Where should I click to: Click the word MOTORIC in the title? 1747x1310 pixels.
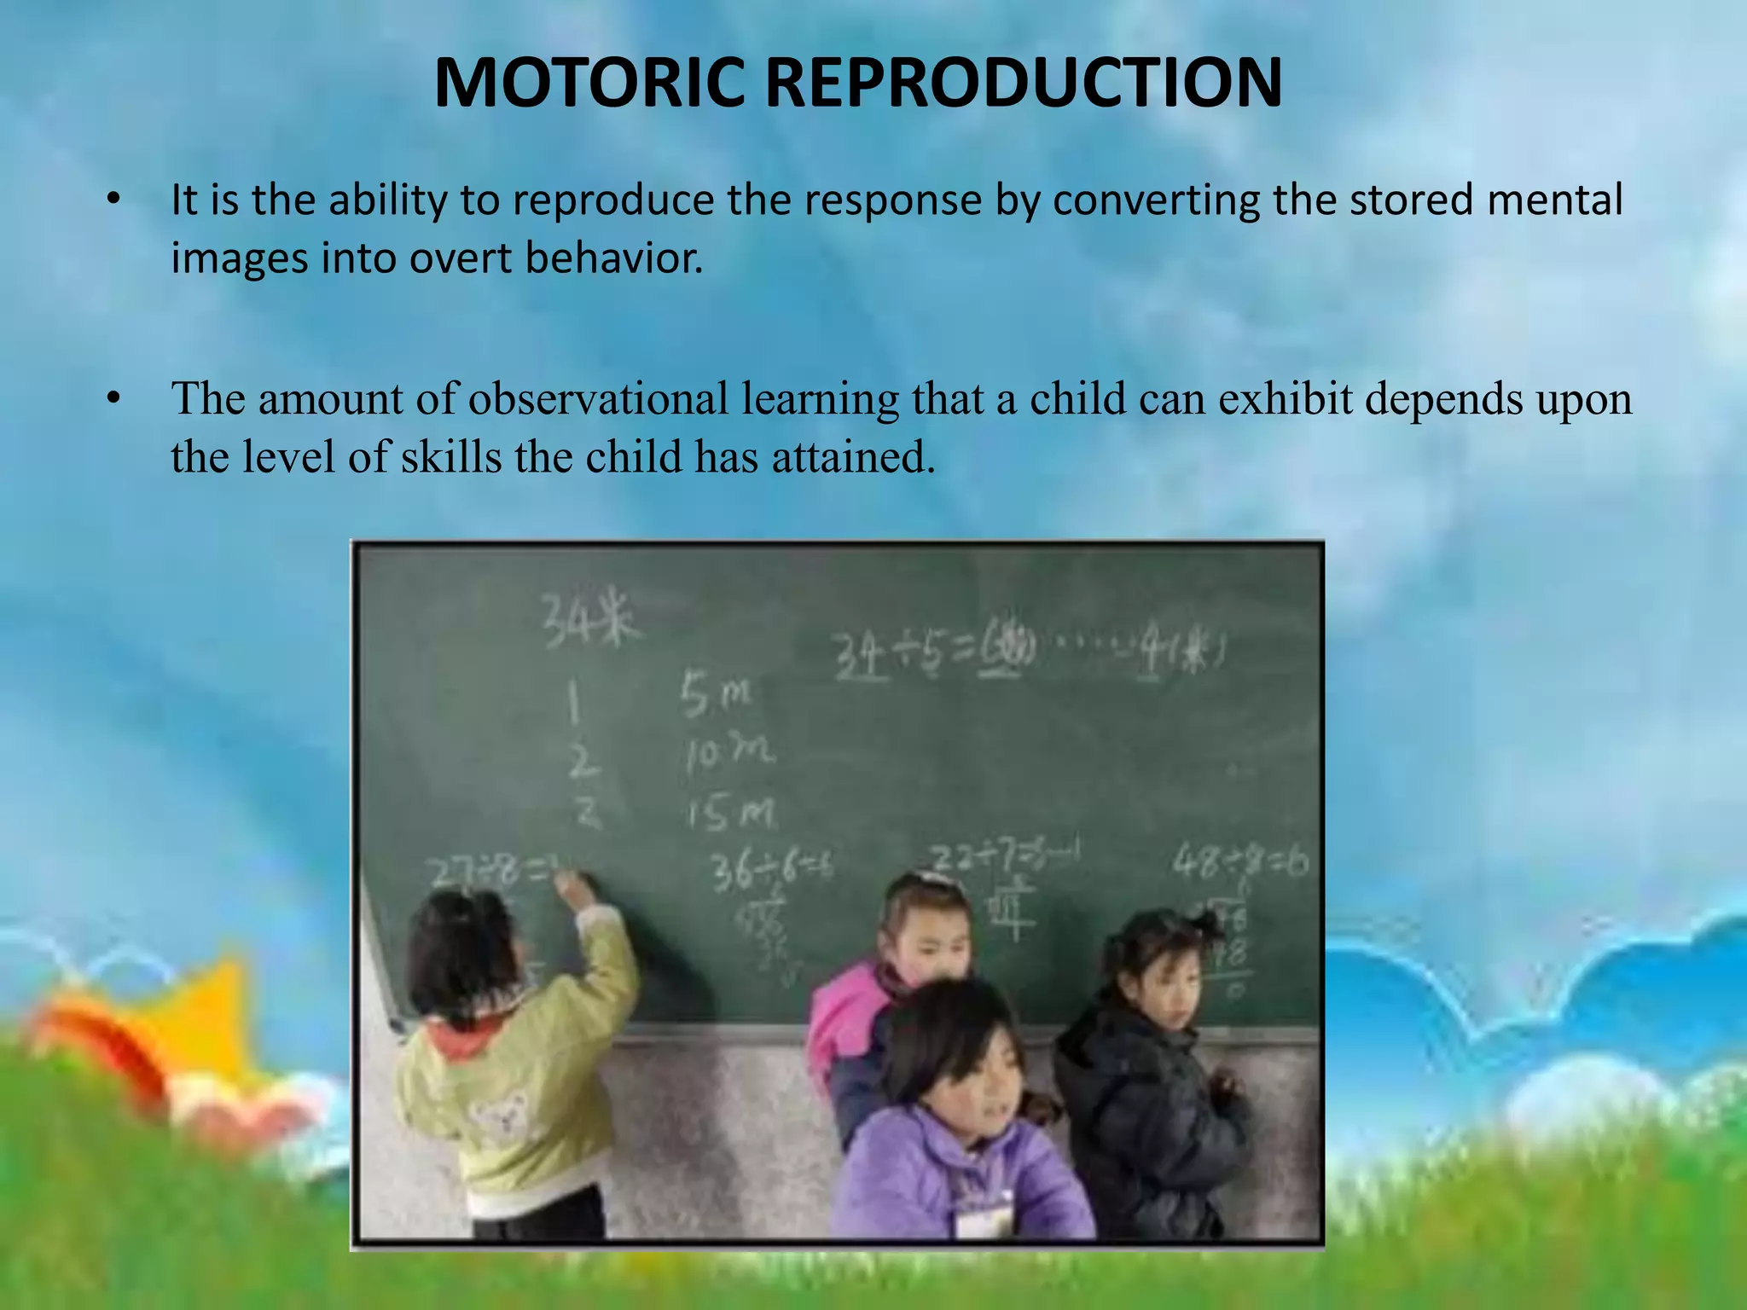589,83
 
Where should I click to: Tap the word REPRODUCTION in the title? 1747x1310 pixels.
1023,83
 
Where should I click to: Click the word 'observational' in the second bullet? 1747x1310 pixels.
598,399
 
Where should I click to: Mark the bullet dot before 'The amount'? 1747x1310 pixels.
113,399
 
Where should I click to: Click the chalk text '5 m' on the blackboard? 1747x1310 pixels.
715,694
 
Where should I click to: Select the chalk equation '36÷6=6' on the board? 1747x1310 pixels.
772,870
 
